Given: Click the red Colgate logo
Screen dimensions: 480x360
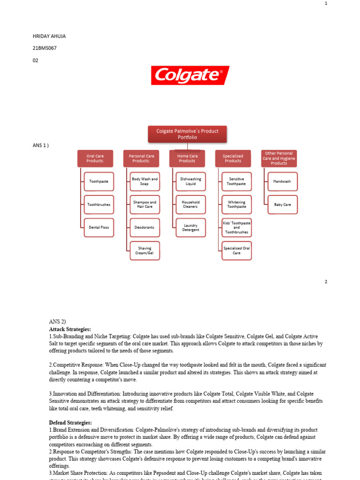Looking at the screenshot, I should click(x=190, y=75).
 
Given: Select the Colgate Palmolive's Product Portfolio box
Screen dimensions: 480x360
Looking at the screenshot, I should click(x=187, y=134).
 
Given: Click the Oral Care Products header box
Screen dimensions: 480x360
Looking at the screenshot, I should click(x=95, y=158).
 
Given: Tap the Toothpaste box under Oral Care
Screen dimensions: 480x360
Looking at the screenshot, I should click(x=99, y=181).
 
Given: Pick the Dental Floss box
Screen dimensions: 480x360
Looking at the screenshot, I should click(x=99, y=227).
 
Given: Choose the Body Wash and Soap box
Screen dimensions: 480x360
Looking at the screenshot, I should click(x=145, y=181).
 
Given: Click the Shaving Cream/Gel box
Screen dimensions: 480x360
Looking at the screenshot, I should click(x=145, y=251).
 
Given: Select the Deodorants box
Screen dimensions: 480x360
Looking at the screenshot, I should click(x=145, y=227).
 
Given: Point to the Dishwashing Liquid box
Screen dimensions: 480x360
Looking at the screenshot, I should click(x=191, y=181).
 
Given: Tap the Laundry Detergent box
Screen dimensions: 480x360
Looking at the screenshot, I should click(x=191, y=228).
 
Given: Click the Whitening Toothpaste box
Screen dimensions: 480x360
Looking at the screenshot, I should click(x=237, y=204).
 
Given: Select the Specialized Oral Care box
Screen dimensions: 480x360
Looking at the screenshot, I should click(x=237, y=251).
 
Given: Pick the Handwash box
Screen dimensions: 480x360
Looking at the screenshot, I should click(x=282, y=181).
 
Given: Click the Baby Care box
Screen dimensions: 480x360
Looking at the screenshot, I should click(x=282, y=204).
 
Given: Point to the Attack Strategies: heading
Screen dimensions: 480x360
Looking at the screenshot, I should click(x=70, y=330).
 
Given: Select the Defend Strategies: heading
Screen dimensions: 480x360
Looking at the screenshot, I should click(x=70, y=423).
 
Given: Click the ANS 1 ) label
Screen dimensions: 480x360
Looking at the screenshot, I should click(x=41, y=145).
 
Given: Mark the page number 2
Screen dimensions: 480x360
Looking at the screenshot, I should click(x=326, y=282).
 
